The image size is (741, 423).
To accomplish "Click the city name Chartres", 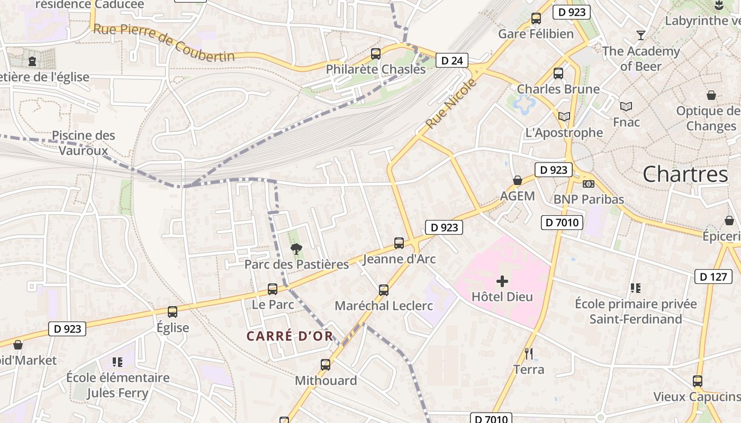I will click(x=685, y=174).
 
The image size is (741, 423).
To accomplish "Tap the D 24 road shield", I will click(x=451, y=61).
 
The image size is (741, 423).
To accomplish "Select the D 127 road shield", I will click(x=713, y=276).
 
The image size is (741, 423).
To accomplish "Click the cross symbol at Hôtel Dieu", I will click(x=502, y=281).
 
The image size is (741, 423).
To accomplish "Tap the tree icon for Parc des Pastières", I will click(x=296, y=249).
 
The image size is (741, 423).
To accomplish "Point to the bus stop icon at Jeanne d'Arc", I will click(x=399, y=243).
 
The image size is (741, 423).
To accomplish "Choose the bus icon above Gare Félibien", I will click(x=536, y=19).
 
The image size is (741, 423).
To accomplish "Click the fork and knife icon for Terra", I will click(x=528, y=353).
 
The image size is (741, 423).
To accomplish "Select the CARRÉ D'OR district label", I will click(x=290, y=336).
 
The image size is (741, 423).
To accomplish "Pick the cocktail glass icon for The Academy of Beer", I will click(x=641, y=35).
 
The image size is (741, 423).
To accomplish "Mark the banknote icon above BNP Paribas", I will click(x=588, y=184).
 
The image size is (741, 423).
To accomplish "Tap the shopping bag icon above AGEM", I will click(x=518, y=180).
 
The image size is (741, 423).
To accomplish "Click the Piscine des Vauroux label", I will click(x=83, y=143).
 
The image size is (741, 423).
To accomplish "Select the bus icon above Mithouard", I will click(x=326, y=364).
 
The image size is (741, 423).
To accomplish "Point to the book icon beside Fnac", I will click(x=626, y=107).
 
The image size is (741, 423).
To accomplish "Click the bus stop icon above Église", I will click(x=173, y=312).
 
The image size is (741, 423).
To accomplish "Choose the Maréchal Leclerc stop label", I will click(x=384, y=306).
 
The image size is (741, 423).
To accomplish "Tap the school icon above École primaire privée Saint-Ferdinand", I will click(x=636, y=288).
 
